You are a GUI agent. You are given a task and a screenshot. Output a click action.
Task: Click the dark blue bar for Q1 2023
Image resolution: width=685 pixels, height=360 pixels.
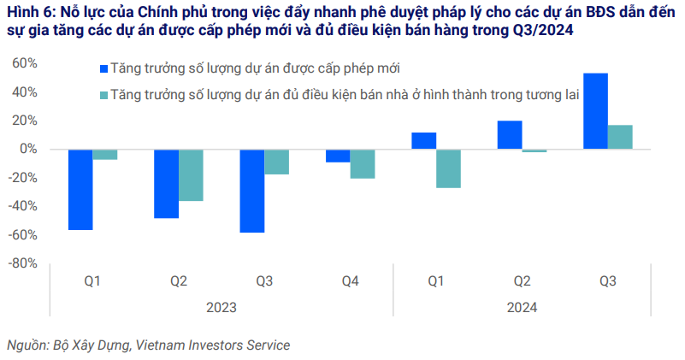click(x=80, y=189)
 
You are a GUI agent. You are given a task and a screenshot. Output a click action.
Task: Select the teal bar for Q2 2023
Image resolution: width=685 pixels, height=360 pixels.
click(x=191, y=175)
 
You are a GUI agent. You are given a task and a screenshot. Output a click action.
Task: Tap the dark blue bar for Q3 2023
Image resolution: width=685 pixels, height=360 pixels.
click(x=252, y=191)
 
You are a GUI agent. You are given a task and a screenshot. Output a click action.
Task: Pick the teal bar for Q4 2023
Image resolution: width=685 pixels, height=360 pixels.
click(x=363, y=163)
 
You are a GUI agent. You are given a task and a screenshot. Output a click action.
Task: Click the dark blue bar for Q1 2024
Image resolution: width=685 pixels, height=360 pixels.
click(x=424, y=141)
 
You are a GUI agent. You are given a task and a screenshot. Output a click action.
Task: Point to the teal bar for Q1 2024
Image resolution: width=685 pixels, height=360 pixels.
click(x=448, y=168)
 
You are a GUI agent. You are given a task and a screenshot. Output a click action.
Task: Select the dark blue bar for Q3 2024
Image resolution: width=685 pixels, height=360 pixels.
click(x=595, y=111)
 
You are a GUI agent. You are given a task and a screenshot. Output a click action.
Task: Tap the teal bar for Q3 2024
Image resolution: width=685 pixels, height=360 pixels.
click(x=620, y=137)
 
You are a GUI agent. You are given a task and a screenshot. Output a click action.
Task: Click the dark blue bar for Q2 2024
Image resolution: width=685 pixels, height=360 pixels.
click(x=510, y=135)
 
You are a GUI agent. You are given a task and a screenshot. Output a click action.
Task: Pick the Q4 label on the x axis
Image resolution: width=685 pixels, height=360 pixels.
click(x=351, y=281)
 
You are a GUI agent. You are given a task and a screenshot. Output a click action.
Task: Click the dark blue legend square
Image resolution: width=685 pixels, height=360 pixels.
click(x=104, y=68)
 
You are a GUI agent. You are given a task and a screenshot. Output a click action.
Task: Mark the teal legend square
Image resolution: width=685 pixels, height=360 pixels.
click(x=104, y=94)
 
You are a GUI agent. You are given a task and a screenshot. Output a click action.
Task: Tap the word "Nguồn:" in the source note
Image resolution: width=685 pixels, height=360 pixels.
click(x=27, y=345)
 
